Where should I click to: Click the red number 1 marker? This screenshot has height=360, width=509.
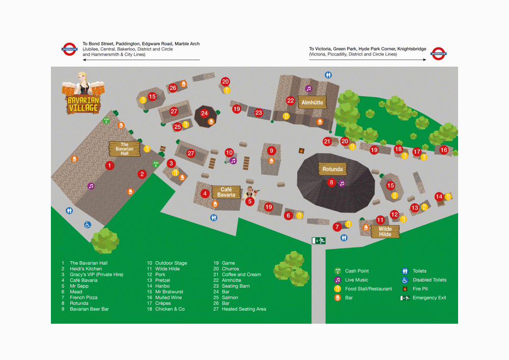(109, 165)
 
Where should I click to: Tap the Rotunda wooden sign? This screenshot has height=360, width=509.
(333, 170)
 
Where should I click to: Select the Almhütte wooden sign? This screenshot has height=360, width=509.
(312, 102)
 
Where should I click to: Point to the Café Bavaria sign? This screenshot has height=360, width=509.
(226, 192)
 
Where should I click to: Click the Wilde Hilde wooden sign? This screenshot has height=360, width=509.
(385, 232)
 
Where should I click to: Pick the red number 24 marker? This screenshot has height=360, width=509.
(205, 113)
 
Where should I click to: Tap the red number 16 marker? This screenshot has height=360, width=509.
(444, 150)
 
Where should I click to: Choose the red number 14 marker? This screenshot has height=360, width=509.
(439, 197)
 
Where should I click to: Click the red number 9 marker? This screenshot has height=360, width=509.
(272, 151)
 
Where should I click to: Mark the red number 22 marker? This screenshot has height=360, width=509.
(291, 100)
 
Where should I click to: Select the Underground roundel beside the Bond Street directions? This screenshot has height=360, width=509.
(69, 49)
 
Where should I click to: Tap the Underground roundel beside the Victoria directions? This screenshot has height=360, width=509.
(438, 52)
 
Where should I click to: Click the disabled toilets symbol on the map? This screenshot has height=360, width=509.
(88, 225)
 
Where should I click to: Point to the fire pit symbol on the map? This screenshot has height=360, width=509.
(301, 151)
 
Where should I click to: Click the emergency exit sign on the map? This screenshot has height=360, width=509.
(319, 240)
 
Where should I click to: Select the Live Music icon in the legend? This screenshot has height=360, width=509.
(337, 280)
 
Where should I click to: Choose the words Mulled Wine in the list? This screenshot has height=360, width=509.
(168, 297)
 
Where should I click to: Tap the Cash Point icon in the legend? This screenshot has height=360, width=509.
(337, 271)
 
